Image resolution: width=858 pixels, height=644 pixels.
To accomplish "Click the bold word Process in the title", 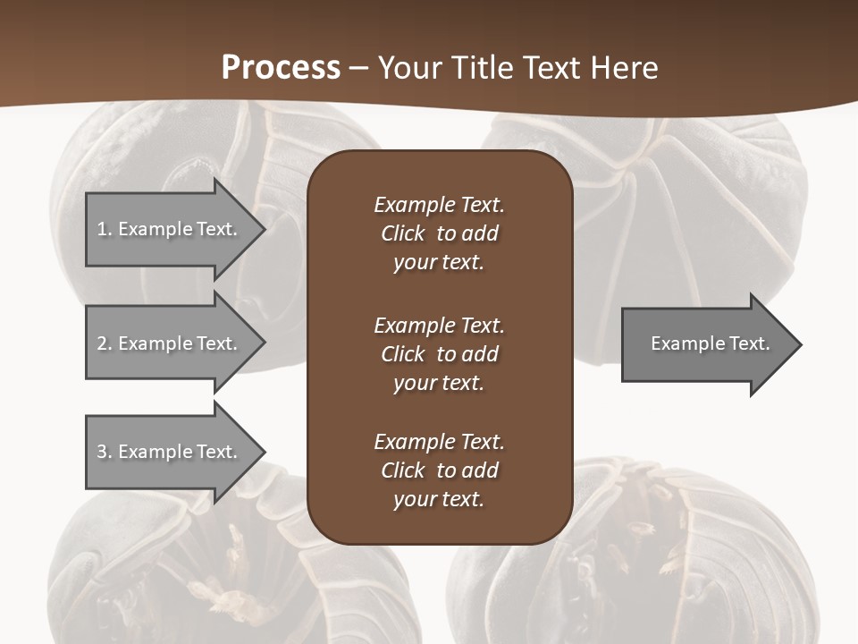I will tap(281, 68).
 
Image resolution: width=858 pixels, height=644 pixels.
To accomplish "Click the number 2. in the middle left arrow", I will tap(104, 343).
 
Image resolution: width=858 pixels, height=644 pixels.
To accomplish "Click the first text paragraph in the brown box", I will tap(439, 233).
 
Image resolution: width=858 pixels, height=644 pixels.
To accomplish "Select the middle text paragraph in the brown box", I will tap(439, 354).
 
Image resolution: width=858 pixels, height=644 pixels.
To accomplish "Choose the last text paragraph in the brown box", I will tap(439, 470).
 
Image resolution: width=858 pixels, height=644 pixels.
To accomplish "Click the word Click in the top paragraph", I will tap(403, 233).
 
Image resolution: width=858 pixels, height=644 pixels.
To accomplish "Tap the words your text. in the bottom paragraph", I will tap(439, 499).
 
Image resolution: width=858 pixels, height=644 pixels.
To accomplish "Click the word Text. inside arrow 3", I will tap(217, 452).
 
